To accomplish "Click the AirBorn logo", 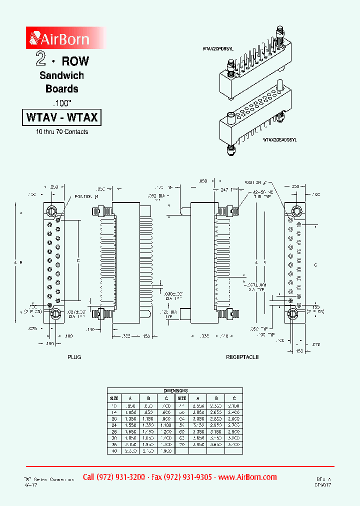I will tap(60, 38).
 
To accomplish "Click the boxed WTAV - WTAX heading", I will tap(62, 118).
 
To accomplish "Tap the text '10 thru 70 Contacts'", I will tap(62, 132).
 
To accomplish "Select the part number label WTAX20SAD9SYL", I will tap(280, 140).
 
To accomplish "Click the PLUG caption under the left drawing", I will tap(74, 357).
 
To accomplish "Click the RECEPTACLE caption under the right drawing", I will tap(242, 357).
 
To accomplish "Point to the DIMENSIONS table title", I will tap(175, 390).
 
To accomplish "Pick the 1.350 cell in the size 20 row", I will tap(130, 418).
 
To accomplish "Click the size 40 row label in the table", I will tap(113, 451).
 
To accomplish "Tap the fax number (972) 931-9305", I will tap(181, 477).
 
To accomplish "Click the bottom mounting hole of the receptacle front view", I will tap(293, 314).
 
